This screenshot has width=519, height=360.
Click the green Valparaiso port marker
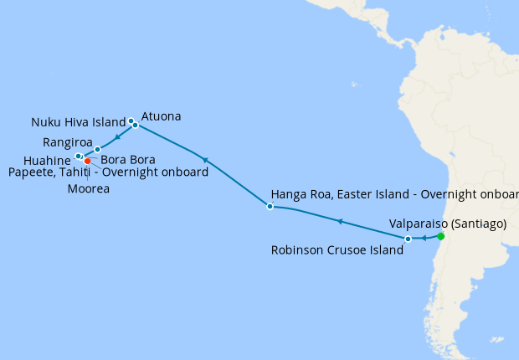point(441,236)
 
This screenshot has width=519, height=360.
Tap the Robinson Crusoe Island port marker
point(408,239)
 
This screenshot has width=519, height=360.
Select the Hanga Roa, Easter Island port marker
point(270,206)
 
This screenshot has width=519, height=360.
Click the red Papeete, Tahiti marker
point(87,161)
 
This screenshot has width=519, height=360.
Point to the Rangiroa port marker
point(98,149)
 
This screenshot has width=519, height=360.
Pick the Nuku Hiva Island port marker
point(131,121)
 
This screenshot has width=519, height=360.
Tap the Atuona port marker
point(136,126)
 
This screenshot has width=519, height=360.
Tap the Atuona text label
point(162,116)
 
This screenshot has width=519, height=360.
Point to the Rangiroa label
point(68,141)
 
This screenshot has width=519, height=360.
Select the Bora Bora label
point(126,159)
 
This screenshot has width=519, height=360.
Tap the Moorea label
point(89,188)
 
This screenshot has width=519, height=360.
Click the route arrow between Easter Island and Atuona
point(204,159)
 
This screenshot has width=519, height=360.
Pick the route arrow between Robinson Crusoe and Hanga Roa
point(339,221)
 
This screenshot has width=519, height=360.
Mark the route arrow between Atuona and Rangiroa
point(117,136)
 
